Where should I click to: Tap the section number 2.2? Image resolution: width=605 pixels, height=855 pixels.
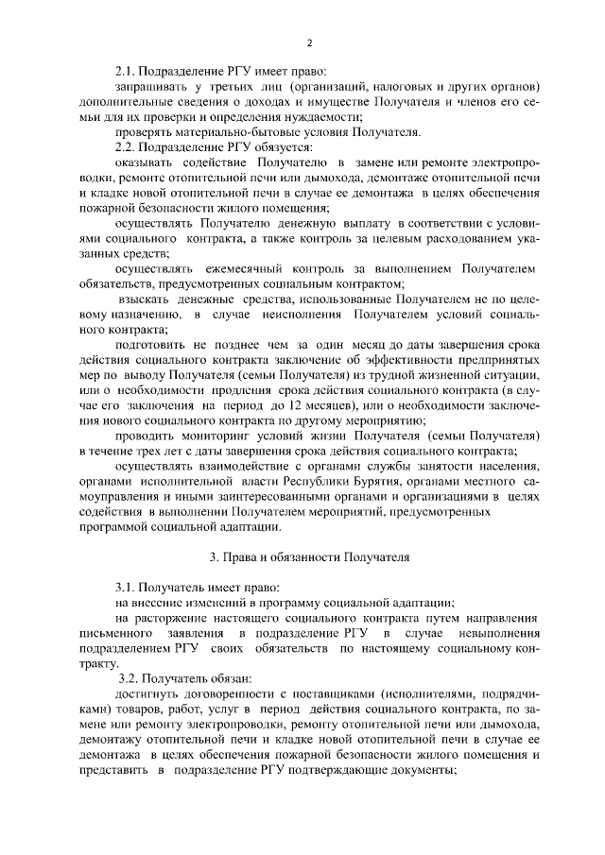[x=126, y=147]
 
